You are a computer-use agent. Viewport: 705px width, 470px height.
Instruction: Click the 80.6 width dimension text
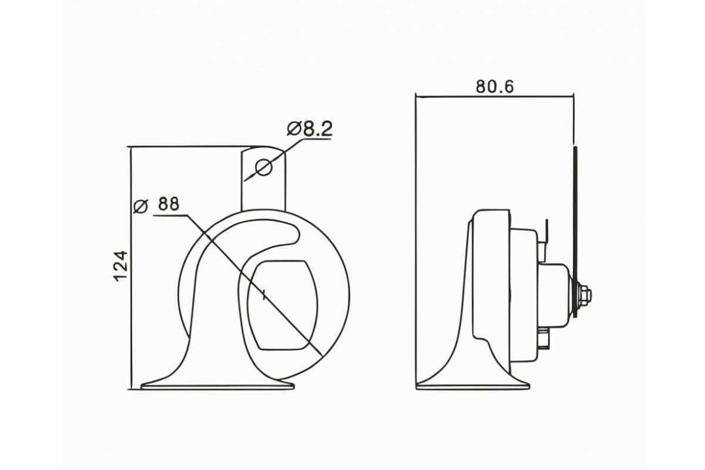click(x=495, y=86)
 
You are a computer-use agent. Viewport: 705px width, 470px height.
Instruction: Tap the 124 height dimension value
click(x=120, y=266)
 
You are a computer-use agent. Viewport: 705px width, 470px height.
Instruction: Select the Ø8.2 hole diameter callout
click(x=310, y=129)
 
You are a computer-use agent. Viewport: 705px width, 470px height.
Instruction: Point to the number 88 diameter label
click(x=169, y=204)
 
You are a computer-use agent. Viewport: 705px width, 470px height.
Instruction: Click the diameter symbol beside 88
click(x=140, y=206)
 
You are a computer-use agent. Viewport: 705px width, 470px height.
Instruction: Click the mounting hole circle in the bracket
click(x=264, y=167)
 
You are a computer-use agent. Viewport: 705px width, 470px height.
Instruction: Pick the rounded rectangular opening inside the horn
click(x=283, y=305)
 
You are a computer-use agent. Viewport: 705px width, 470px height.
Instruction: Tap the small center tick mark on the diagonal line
click(x=264, y=296)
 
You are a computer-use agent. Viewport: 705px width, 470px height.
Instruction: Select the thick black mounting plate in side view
click(x=575, y=231)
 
